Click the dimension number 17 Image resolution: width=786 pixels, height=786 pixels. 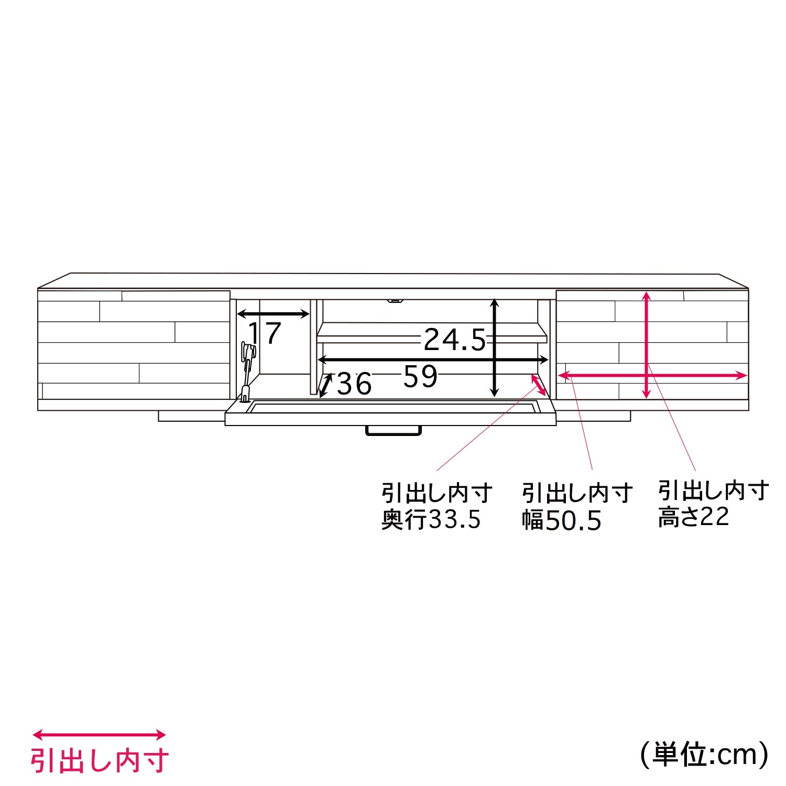pos(265,333)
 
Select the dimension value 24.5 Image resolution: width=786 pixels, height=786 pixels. pos(455,340)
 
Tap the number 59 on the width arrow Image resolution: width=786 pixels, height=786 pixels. pos(420,376)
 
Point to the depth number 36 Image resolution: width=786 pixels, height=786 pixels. pos(354,384)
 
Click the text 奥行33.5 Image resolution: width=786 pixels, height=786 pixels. pos(431,519)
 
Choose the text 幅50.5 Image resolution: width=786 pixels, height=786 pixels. pos(561,520)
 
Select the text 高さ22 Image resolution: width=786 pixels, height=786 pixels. pos(693,517)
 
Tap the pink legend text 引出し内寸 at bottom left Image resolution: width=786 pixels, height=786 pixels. pos(100,760)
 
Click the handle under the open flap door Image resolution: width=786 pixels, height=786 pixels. pos(394,430)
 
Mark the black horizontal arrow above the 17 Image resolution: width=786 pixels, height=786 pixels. pos(273,314)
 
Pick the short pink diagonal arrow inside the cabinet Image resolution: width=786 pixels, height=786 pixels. pos(539,385)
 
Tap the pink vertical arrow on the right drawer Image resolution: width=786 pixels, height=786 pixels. pos(647,345)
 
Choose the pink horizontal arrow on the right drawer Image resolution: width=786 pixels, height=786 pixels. pos(652,375)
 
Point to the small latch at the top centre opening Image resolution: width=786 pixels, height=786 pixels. pos(394,301)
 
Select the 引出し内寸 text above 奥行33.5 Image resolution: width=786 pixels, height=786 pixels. pos(437,493)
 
